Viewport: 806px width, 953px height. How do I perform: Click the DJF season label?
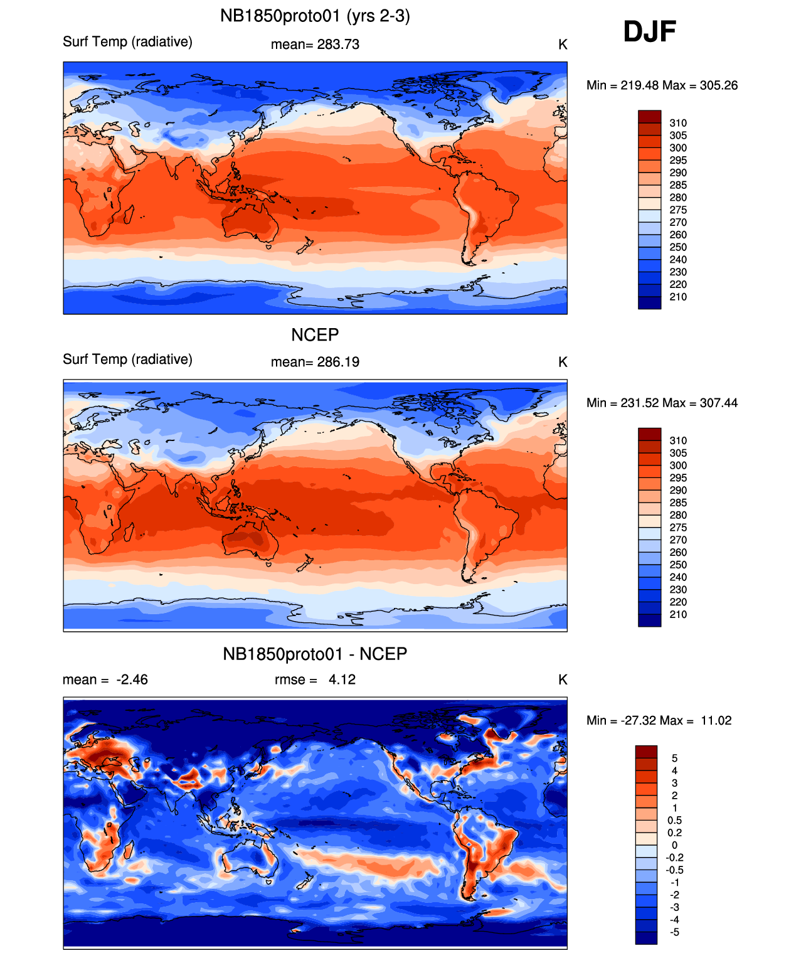coord(649,32)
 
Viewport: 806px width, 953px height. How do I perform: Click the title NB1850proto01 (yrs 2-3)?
coord(315,16)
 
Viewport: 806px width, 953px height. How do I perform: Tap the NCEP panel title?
coord(315,334)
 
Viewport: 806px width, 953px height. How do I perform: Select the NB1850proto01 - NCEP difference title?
coord(315,654)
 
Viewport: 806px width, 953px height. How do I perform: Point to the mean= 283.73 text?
coord(315,45)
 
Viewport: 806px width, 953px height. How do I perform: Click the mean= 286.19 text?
coord(315,362)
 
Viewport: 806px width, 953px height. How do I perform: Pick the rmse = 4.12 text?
coord(315,679)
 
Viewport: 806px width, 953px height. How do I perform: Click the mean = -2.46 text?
coord(105,679)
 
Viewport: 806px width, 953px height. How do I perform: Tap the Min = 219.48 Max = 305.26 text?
coord(662,85)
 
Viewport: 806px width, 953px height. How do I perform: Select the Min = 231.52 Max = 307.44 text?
coord(662,403)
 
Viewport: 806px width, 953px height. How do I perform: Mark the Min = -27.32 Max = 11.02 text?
coord(659,720)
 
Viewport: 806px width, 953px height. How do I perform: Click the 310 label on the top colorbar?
coord(678,123)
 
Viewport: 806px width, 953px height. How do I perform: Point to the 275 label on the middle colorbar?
coord(678,528)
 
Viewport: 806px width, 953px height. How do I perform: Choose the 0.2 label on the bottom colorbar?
coord(675,833)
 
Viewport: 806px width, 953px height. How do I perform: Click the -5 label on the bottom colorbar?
coord(675,932)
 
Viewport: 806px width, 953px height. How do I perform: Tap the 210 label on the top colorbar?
coord(678,297)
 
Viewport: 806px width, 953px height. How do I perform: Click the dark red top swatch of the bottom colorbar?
coord(646,752)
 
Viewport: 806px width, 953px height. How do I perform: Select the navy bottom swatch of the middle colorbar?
coord(649,620)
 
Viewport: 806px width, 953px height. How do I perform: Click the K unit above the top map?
coord(563,45)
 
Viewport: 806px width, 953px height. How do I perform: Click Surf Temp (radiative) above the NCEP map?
coord(127,359)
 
